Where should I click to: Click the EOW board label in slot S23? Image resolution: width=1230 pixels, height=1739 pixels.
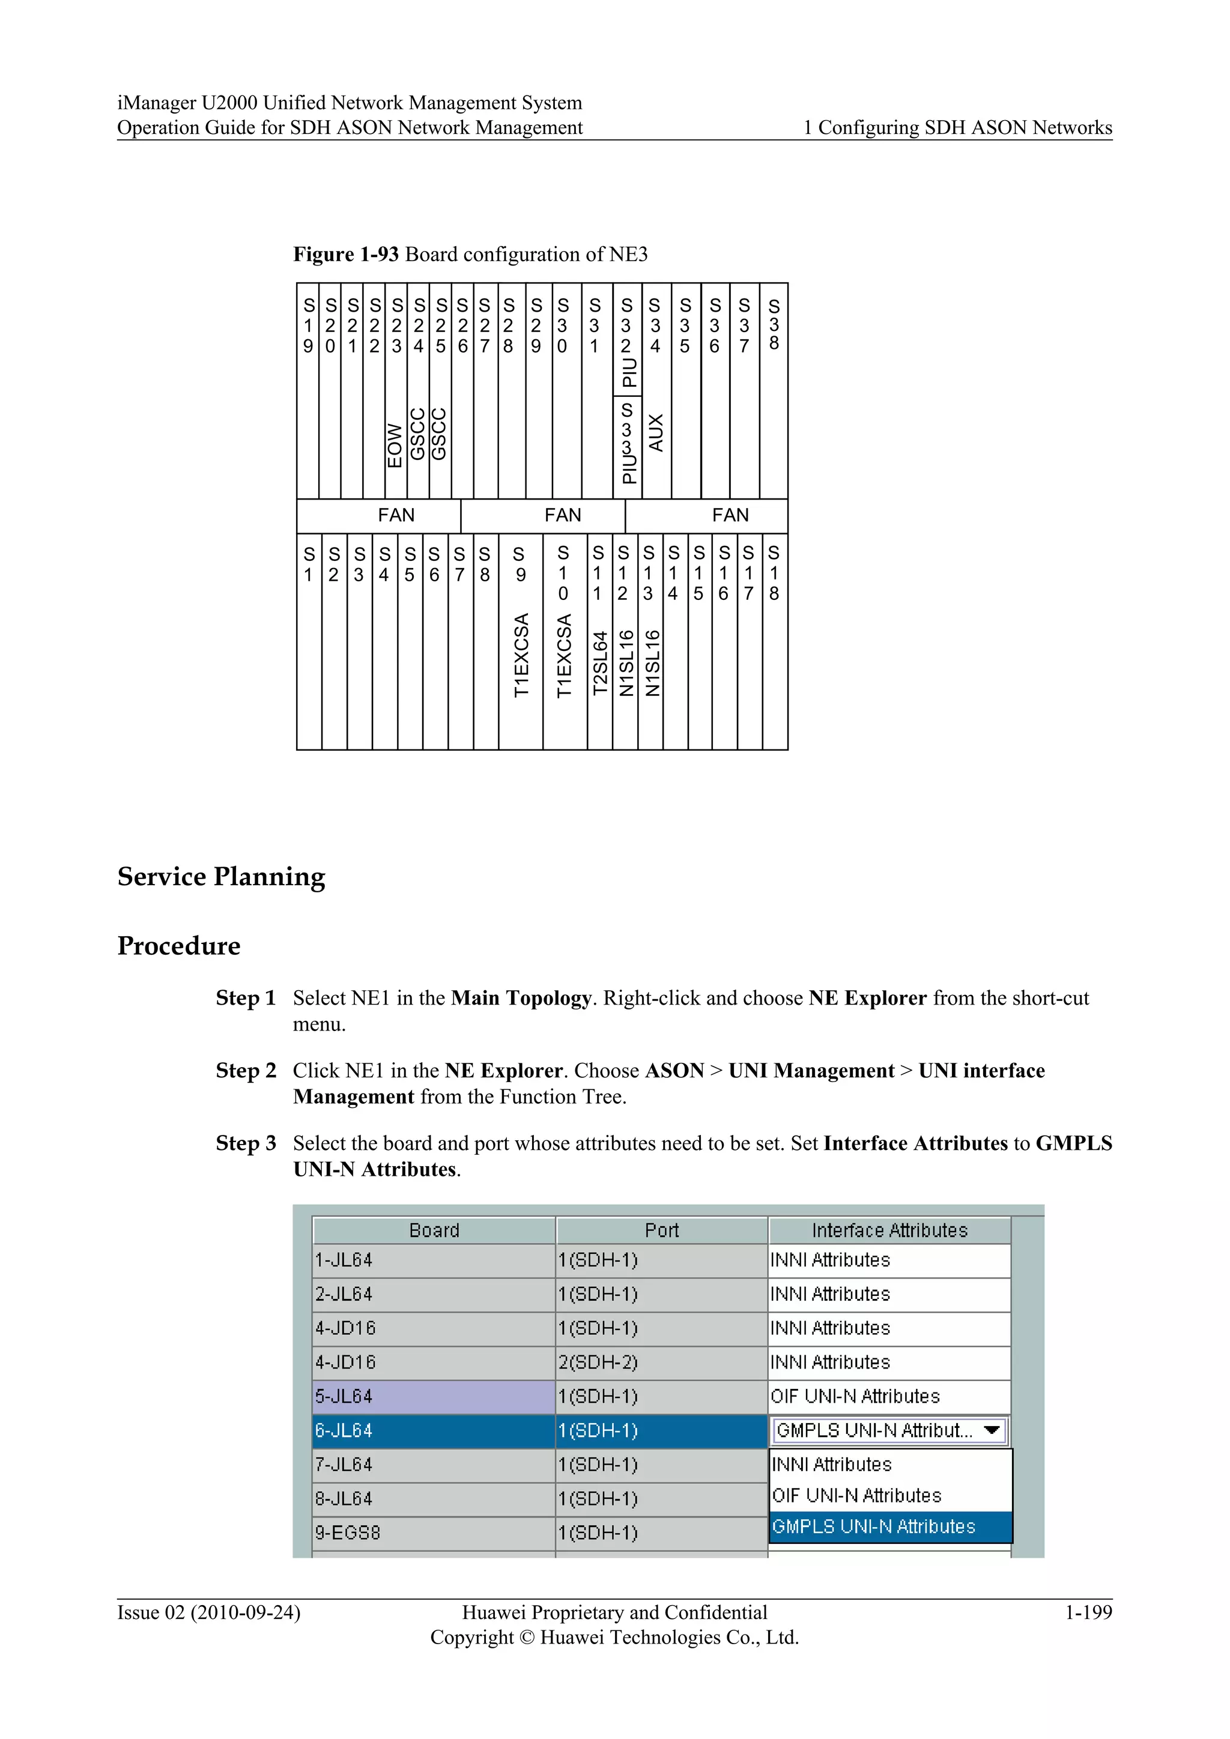click(x=395, y=446)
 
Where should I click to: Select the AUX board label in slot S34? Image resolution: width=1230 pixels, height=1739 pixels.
click(x=656, y=432)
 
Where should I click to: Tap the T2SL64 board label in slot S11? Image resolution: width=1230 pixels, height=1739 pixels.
click(x=600, y=664)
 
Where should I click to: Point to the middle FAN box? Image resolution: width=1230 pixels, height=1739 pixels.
click(x=563, y=515)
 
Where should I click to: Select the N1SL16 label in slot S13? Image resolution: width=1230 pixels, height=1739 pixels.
click(x=652, y=663)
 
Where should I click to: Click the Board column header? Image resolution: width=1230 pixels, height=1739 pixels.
click(x=434, y=1230)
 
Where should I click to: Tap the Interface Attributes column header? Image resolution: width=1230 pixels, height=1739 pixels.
click(x=889, y=1230)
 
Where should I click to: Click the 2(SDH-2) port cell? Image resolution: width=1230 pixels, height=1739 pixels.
click(x=661, y=1362)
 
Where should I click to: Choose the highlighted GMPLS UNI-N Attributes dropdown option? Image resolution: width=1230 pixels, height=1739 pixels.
click(x=874, y=1526)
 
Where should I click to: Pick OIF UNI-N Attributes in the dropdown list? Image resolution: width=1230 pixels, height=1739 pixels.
click(x=856, y=1495)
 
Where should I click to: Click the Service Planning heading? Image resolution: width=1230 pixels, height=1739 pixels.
click(x=221, y=876)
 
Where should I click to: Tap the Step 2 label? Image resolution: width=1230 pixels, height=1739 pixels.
click(x=246, y=1070)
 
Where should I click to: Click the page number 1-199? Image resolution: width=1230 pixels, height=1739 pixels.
click(x=1088, y=1612)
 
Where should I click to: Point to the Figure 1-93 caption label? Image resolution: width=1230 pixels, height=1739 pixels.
click(x=345, y=255)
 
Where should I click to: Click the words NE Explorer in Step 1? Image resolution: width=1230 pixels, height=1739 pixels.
click(x=867, y=997)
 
